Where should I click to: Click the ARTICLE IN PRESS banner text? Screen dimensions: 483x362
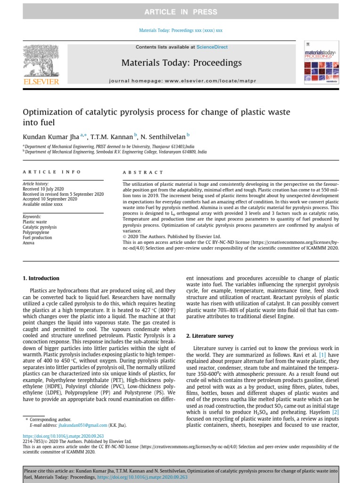click(x=181, y=12)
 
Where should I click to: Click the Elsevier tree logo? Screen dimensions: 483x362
click(x=41, y=61)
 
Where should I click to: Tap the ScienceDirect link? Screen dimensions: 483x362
click(x=212, y=47)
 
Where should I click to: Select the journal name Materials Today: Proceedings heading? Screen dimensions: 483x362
click(x=181, y=63)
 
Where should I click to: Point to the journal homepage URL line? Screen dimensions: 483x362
click(x=182, y=81)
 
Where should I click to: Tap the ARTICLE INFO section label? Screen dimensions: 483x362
click(x=52, y=172)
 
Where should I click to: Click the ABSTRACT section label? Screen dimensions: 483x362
click(x=143, y=173)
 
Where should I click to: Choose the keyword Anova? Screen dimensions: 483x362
click(x=29, y=243)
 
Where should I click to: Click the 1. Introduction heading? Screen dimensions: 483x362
click(x=41, y=278)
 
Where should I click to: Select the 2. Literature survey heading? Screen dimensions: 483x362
click(x=210, y=336)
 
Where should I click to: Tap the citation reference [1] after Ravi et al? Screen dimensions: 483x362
click(x=322, y=354)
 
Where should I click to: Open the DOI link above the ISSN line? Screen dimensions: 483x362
click(x=63, y=436)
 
